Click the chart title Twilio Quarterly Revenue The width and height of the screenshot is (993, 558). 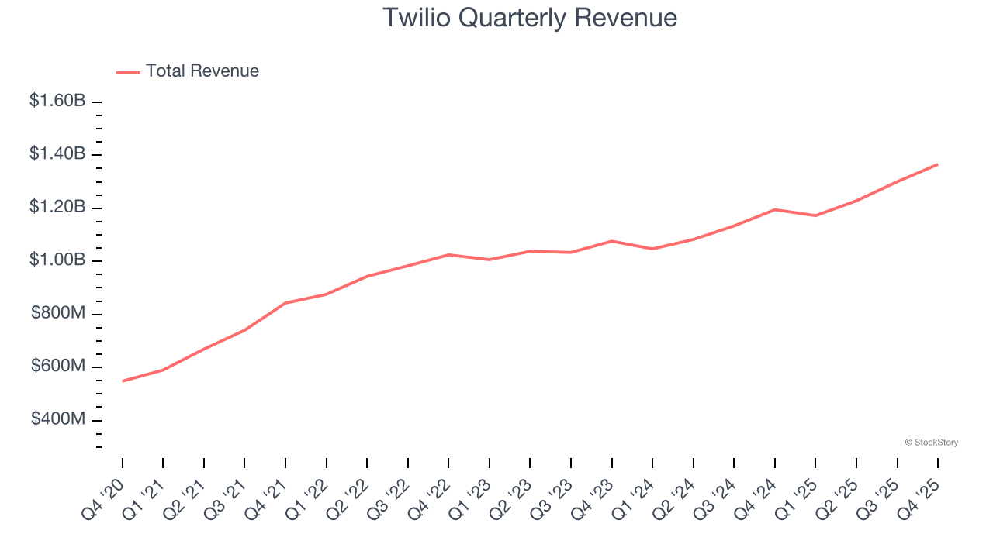530,18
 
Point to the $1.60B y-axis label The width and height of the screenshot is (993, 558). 57,101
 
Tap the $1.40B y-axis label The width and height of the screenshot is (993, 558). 57,154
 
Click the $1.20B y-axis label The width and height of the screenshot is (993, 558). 57,207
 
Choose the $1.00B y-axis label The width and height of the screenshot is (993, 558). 57,260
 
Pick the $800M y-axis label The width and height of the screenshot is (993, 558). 58,313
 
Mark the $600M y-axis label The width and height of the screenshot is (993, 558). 58,366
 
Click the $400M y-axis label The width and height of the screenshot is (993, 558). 58,419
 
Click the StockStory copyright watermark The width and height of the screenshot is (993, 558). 931,443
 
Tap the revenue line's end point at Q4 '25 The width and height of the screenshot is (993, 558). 937,164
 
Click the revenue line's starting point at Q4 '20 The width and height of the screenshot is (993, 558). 123,381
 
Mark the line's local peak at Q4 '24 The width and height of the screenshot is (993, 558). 774,209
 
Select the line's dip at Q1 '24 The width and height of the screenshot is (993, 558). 652,249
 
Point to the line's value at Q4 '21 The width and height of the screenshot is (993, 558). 285,303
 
